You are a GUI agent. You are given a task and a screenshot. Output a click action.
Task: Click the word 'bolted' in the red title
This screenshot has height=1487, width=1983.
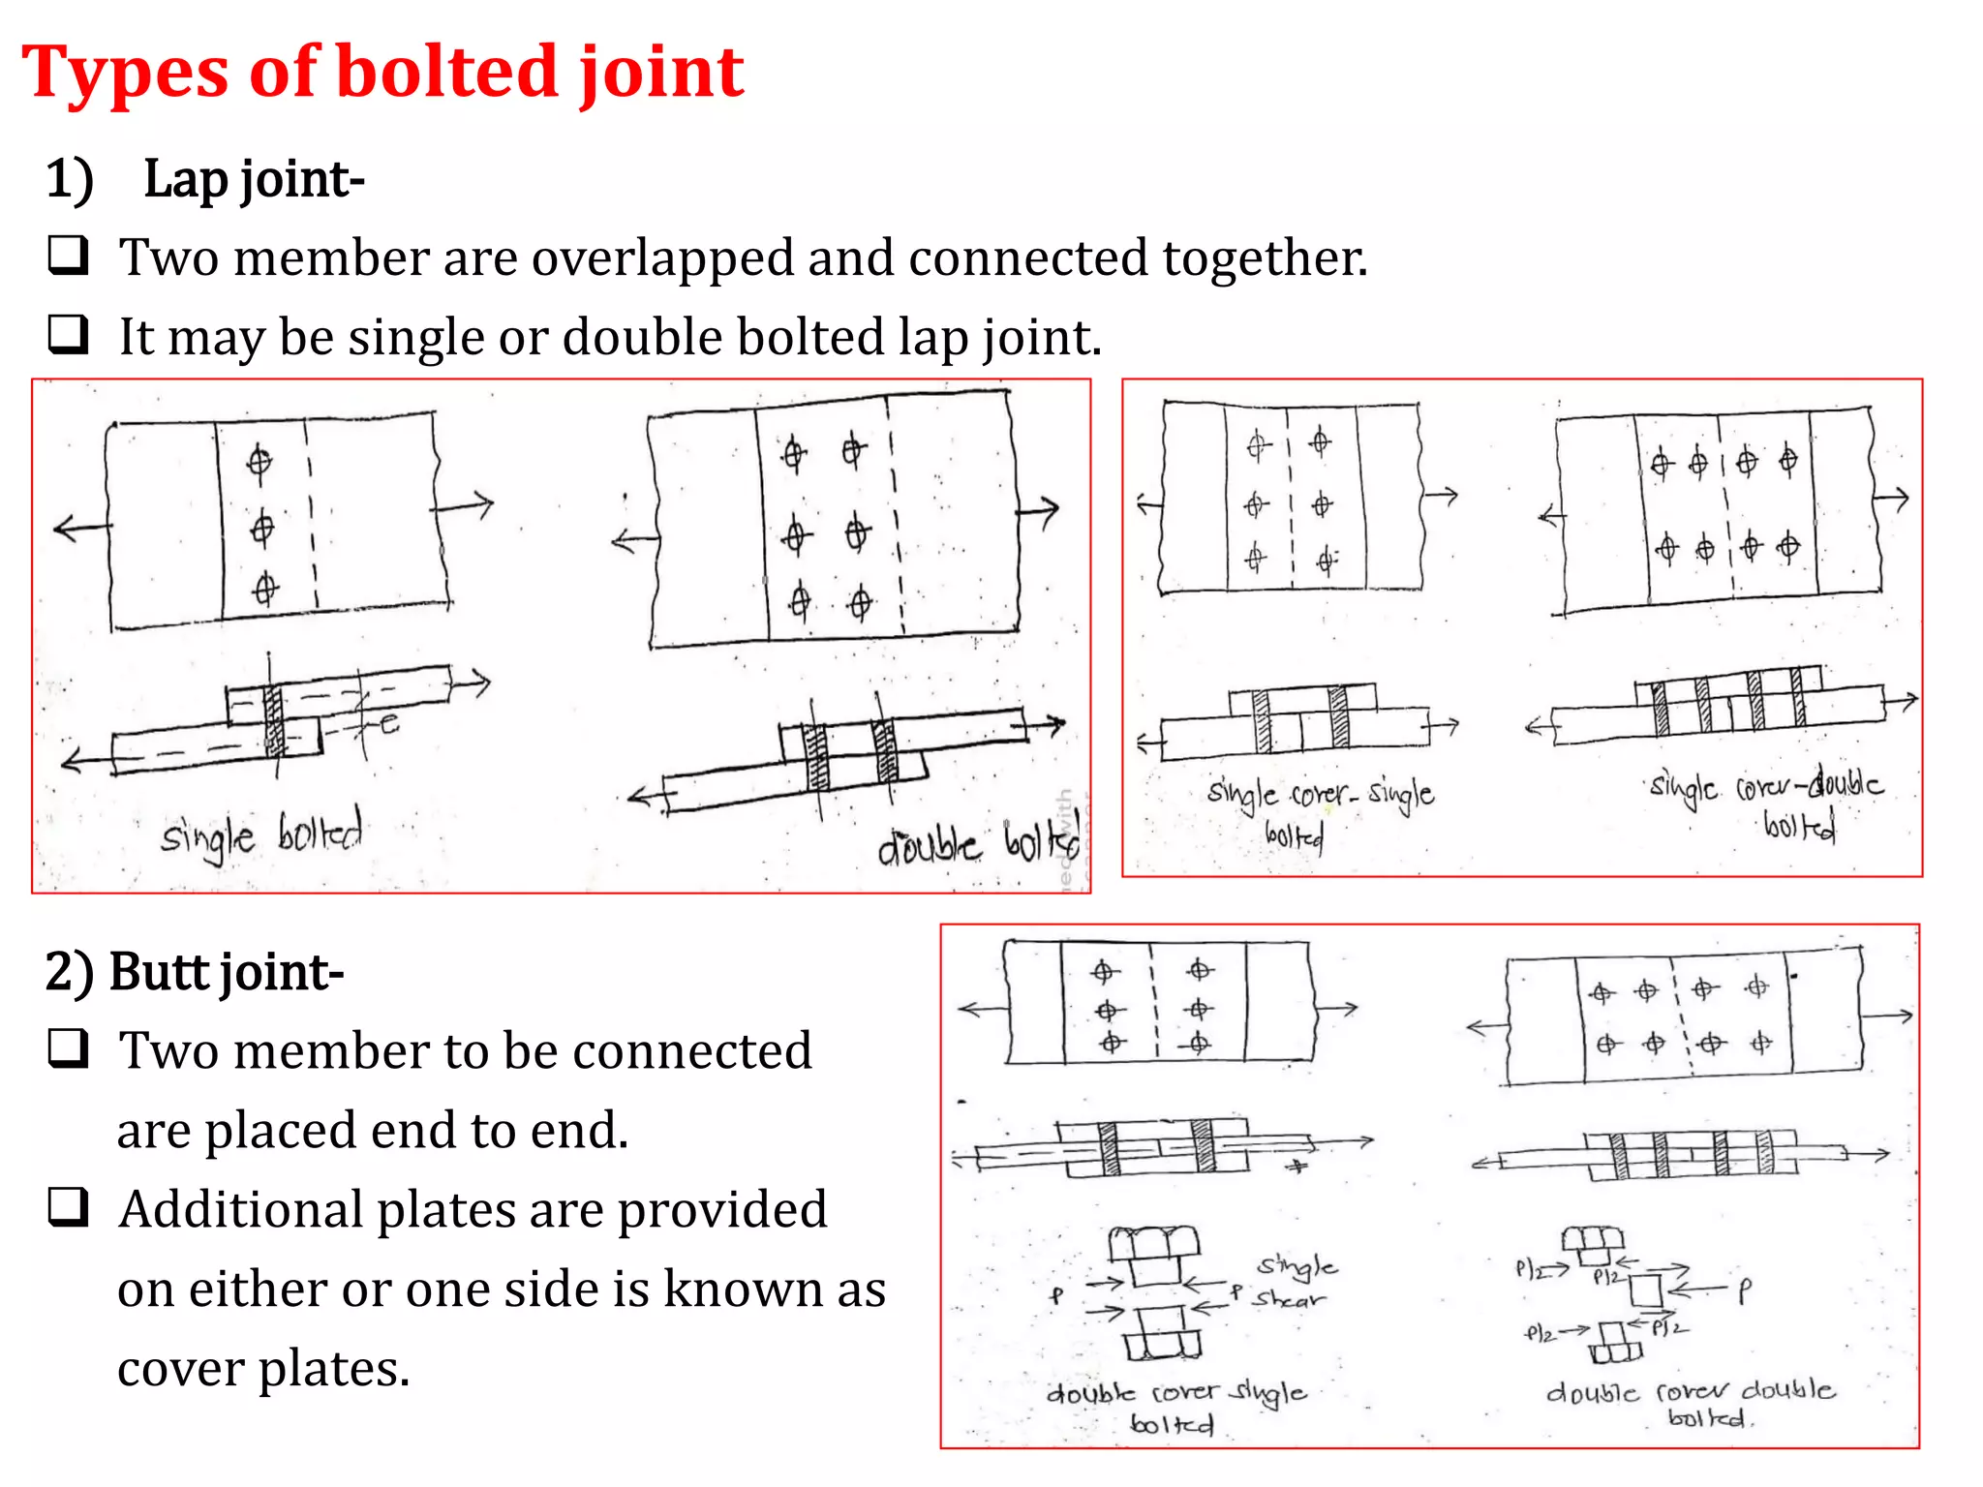(446, 73)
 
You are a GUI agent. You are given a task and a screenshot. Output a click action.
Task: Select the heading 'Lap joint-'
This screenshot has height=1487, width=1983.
(254, 180)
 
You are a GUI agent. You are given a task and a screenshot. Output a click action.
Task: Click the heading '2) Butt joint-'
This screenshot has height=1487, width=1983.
(195, 972)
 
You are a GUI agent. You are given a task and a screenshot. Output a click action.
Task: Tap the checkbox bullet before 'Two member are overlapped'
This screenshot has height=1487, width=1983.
(69, 256)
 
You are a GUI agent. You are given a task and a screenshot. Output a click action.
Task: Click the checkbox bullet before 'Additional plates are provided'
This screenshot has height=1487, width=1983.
(69, 1207)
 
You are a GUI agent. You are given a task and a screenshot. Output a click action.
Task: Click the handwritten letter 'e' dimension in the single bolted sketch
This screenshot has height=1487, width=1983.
(389, 723)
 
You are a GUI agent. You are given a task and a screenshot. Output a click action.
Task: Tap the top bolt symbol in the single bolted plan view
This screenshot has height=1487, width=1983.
(259, 462)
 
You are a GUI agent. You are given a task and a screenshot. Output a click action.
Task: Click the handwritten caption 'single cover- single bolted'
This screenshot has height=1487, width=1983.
(1319, 809)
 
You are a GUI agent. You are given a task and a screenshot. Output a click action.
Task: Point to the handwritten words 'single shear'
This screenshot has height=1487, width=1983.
(1294, 1282)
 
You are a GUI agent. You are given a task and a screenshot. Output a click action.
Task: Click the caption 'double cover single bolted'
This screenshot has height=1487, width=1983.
(1175, 1407)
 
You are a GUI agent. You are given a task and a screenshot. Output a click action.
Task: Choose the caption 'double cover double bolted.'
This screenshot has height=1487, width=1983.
(1691, 1403)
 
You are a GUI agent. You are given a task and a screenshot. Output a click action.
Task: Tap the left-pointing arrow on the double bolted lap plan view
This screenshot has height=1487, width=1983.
(634, 540)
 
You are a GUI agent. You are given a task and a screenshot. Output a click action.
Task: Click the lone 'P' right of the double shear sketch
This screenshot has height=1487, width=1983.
(1744, 1290)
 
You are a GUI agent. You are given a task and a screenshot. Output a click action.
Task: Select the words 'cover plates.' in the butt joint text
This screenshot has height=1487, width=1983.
(263, 1369)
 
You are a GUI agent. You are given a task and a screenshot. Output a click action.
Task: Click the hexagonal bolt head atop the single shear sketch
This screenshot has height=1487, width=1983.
(1153, 1242)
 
